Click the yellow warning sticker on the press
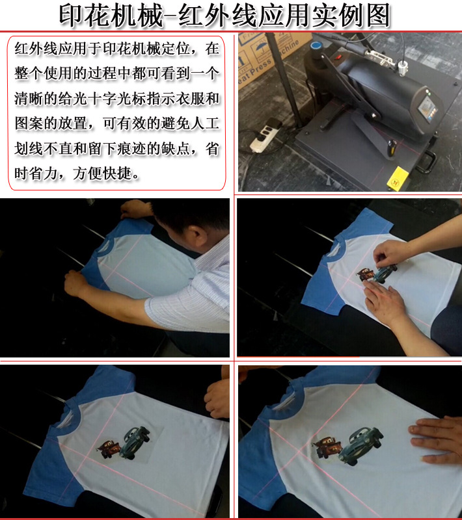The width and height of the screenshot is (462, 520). click(x=398, y=179)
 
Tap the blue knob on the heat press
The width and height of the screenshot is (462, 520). click(x=316, y=45)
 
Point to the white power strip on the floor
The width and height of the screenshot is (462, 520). click(x=264, y=136)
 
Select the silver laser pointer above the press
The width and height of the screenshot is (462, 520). click(x=403, y=68)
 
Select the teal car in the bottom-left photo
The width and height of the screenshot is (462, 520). click(x=135, y=442)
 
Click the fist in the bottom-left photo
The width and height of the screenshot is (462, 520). click(x=217, y=397)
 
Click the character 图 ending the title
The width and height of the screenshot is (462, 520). click(x=378, y=16)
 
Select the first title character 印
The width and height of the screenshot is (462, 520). click(x=71, y=16)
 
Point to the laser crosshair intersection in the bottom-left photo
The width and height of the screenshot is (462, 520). click(x=87, y=457)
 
